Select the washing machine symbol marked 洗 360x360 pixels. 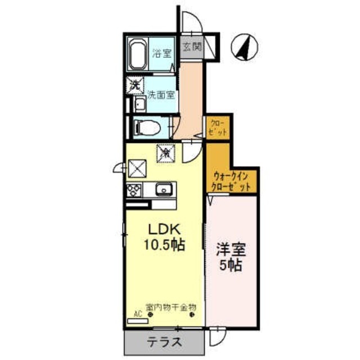(135, 86)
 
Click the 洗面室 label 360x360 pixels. (161, 95)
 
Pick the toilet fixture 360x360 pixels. (147, 128)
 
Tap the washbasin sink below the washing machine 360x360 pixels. (138, 105)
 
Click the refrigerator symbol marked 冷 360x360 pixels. (166, 152)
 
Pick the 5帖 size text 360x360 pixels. (231, 264)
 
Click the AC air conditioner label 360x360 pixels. (138, 314)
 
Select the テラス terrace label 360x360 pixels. (165, 341)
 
